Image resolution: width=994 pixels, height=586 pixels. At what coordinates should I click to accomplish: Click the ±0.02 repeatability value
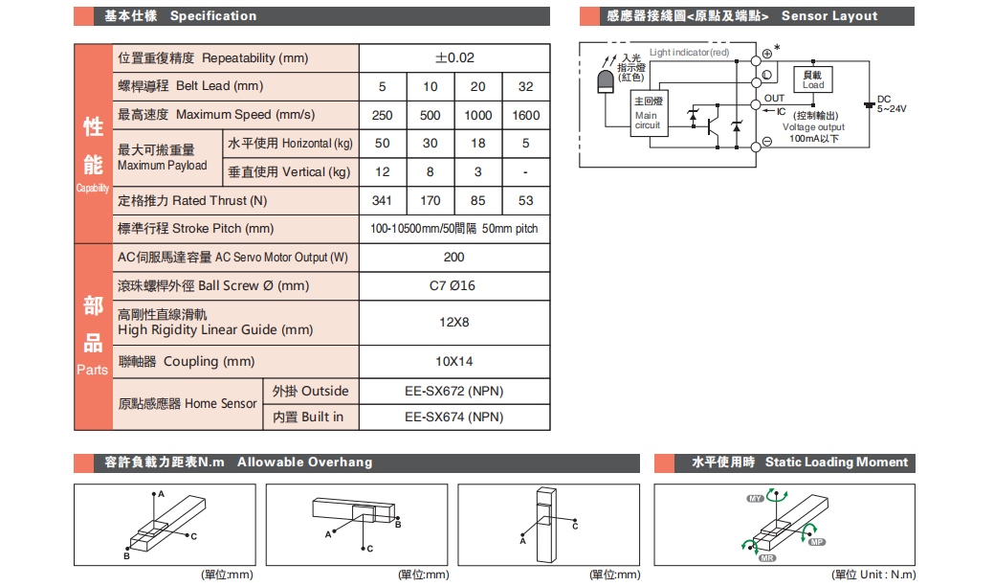(x=454, y=57)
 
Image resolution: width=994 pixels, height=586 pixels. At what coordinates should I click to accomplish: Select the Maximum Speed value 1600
(x=526, y=115)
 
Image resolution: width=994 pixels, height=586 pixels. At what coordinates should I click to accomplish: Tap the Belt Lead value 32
(x=526, y=86)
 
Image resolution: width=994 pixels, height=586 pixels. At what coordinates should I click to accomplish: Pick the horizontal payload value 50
(x=383, y=144)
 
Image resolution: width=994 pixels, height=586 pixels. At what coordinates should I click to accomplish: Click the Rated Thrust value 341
(x=383, y=201)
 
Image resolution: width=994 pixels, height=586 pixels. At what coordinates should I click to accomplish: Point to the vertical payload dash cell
(x=526, y=172)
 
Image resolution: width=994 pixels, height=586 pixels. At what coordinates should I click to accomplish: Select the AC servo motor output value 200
(x=454, y=258)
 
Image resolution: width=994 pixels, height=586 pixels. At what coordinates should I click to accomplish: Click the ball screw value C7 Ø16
(x=454, y=286)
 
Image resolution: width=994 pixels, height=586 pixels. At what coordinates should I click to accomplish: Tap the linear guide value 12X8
(x=454, y=322)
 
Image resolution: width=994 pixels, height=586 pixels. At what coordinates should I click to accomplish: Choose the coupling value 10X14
(x=454, y=361)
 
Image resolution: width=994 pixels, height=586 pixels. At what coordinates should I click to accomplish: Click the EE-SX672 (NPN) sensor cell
(x=454, y=391)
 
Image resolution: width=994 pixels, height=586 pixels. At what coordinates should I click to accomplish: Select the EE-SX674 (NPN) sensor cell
(x=454, y=417)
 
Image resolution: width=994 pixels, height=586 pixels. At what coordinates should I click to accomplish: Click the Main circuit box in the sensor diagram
(x=648, y=114)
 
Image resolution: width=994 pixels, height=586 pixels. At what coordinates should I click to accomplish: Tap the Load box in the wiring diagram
(x=813, y=79)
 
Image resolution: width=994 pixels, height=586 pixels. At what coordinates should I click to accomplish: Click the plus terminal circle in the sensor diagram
(x=767, y=54)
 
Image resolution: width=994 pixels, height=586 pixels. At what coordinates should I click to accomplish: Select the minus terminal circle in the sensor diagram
(x=767, y=143)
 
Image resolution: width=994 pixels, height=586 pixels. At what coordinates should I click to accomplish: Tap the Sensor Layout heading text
(x=828, y=16)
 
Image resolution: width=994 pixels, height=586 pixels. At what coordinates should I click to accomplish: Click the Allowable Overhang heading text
(x=304, y=462)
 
